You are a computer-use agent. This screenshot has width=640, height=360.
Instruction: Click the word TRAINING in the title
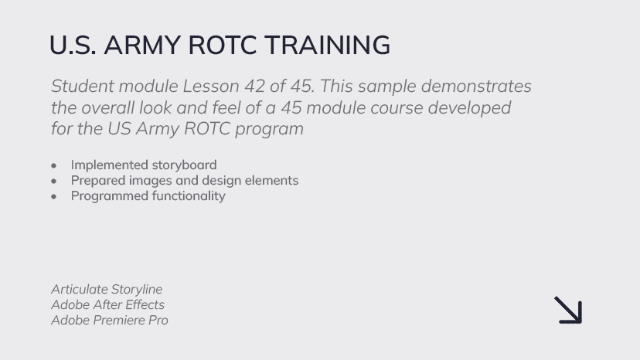[x=328, y=45]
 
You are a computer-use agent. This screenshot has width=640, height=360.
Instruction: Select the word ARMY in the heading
[x=142, y=45]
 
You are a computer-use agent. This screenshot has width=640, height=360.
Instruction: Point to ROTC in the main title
[x=223, y=45]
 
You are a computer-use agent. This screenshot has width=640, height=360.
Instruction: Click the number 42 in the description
[x=254, y=86]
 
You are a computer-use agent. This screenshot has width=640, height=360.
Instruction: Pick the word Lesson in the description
[x=211, y=86]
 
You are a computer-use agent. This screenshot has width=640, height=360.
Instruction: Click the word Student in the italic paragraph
[x=83, y=86]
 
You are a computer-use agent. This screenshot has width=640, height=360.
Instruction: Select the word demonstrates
[x=476, y=86]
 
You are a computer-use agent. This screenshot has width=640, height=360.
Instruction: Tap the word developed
[x=469, y=108]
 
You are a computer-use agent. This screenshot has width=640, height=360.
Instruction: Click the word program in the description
[x=270, y=129]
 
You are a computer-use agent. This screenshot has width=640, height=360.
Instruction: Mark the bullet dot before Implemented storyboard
[x=54, y=166]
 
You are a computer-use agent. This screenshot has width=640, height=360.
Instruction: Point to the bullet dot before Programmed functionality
[x=54, y=197]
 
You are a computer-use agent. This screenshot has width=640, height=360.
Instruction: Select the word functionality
[x=189, y=196]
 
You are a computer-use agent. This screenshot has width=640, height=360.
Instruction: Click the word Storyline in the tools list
[x=137, y=290]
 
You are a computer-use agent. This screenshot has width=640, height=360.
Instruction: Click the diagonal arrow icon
[x=568, y=311]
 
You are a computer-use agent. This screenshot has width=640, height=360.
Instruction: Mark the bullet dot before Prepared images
[x=54, y=182]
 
